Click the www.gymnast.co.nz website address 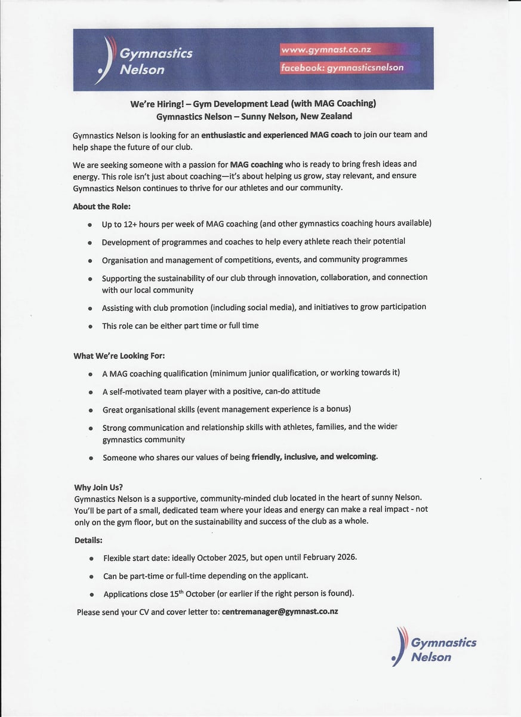(x=326, y=50)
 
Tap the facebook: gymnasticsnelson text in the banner (x=342, y=68)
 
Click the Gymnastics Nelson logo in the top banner (x=146, y=60)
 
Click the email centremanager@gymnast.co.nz (x=280, y=612)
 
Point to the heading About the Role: (x=101, y=207)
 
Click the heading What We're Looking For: (x=119, y=356)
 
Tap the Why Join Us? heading (x=98, y=488)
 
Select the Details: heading (x=88, y=540)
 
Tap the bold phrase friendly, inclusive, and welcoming (x=315, y=456)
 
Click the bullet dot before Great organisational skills (x=90, y=410)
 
